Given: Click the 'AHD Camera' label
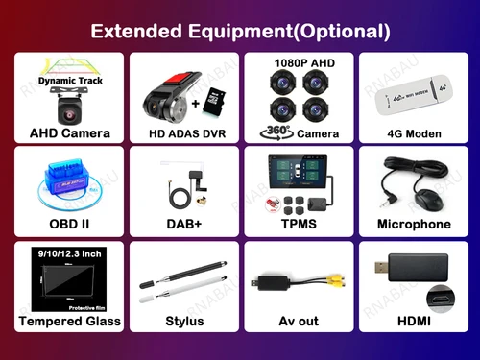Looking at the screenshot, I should (69, 132).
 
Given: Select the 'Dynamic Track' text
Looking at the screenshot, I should (68, 81).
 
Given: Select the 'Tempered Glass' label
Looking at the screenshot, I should (69, 321).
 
